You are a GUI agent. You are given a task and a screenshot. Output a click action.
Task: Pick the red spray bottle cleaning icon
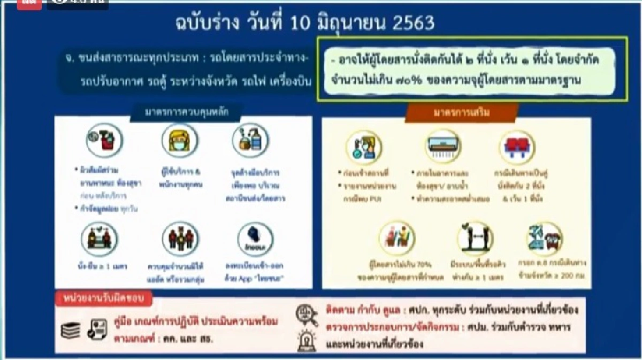pyautogui.click(x=104, y=141)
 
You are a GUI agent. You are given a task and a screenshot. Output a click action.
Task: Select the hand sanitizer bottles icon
pyautogui.click(x=250, y=141)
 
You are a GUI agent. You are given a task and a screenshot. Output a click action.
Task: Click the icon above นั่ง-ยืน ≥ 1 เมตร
pyautogui.click(x=100, y=238)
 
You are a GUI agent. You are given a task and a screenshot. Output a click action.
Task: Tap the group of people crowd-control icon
pyautogui.click(x=177, y=238)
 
